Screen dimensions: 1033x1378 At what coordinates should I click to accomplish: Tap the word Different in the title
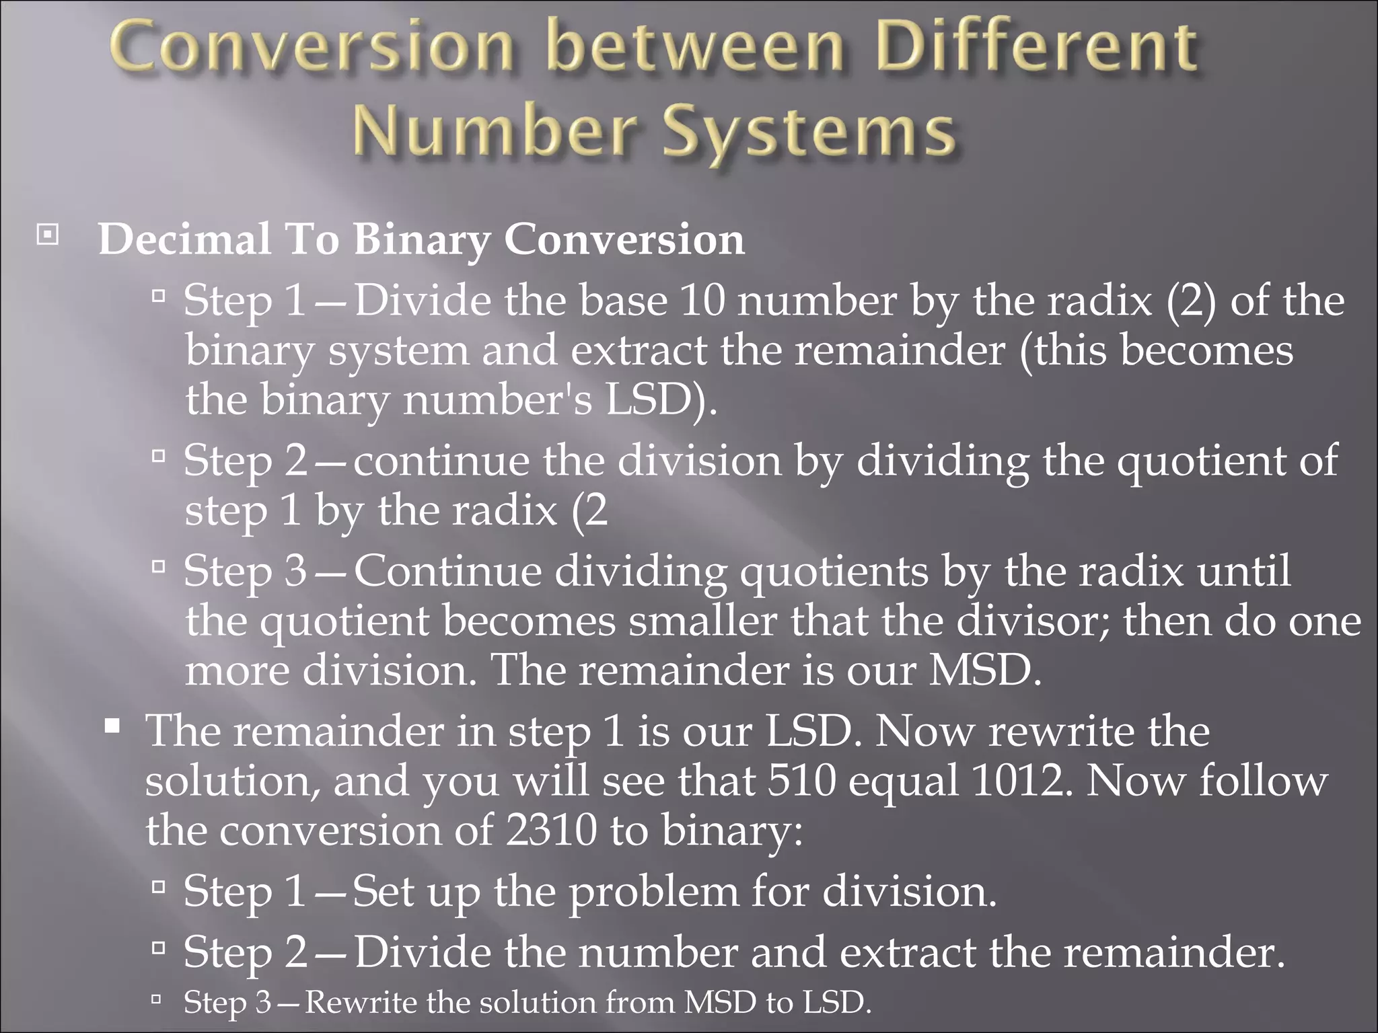click(1036, 48)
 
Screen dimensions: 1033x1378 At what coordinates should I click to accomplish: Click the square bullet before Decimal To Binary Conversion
click(47, 235)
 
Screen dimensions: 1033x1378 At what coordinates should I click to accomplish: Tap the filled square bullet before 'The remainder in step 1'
click(113, 726)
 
